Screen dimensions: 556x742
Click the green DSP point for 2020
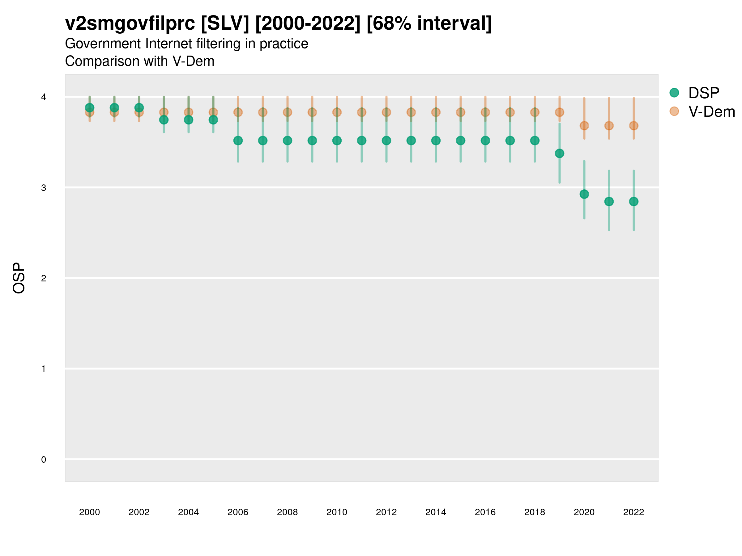584,194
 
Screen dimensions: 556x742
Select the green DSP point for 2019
559,154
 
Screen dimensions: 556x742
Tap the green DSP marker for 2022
633,201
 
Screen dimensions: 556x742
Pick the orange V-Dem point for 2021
609,126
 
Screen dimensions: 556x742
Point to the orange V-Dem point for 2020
584,126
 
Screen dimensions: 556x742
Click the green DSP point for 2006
238,141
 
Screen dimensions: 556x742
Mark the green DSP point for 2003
164,120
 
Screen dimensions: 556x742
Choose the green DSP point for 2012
386,141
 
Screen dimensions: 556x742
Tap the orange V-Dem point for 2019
559,112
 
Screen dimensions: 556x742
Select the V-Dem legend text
711,112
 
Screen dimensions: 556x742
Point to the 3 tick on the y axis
44,188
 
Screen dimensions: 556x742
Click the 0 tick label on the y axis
44,460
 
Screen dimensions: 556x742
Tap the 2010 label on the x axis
337,512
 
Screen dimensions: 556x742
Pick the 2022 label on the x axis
633,512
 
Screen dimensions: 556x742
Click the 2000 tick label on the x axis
90,512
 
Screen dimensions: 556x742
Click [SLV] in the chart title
225,23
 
